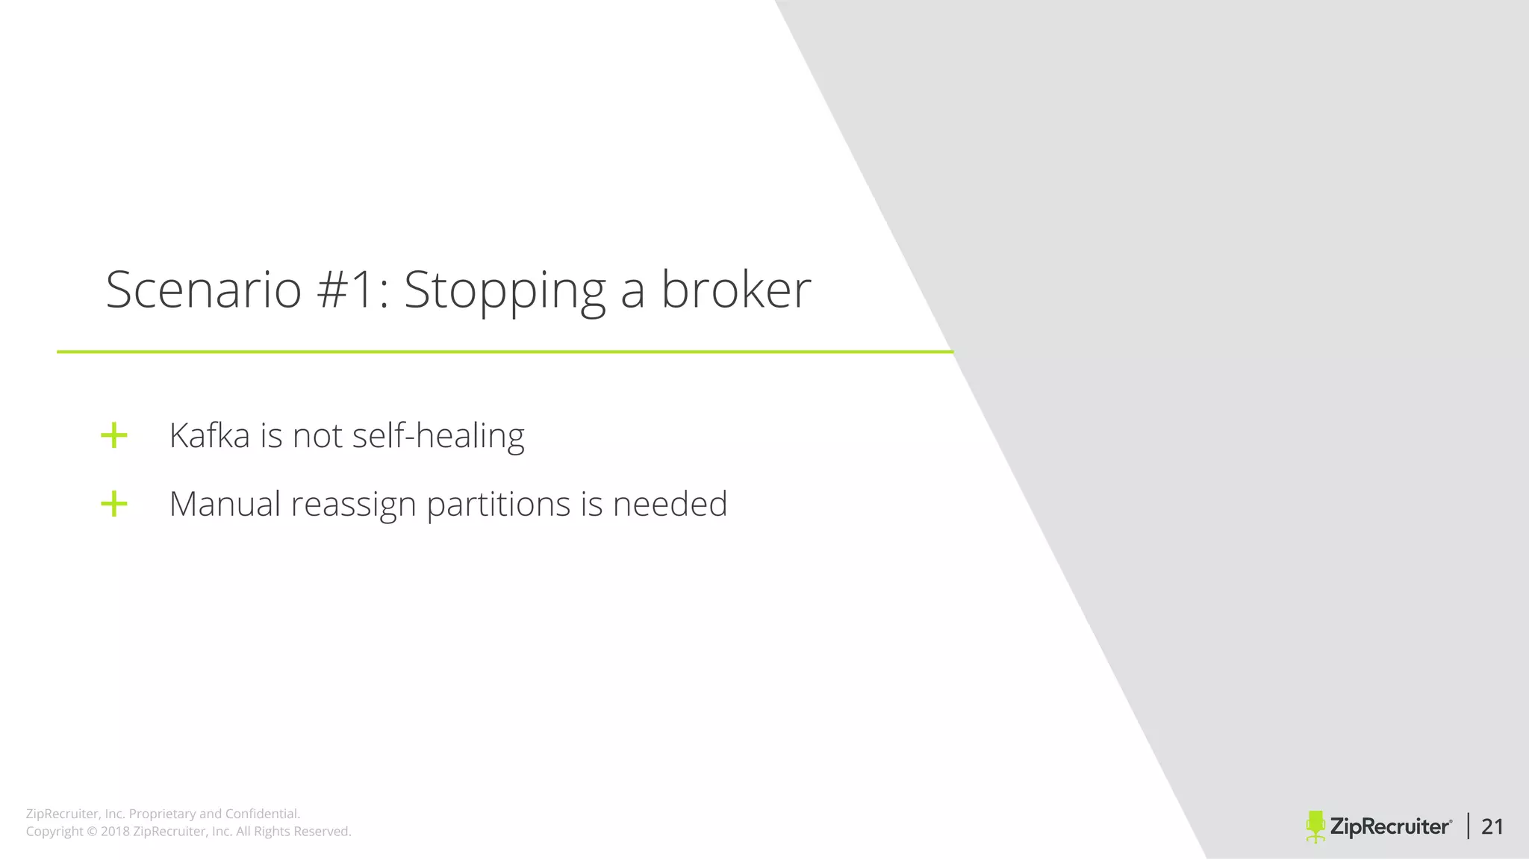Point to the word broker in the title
pyautogui.click(x=736, y=290)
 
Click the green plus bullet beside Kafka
pyautogui.click(x=114, y=435)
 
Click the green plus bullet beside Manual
pyautogui.click(x=114, y=504)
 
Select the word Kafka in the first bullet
pyautogui.click(x=209, y=435)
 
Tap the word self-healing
pyautogui.click(x=438, y=436)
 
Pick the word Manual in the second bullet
pyautogui.click(x=225, y=504)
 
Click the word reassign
pyautogui.click(x=353, y=505)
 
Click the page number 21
pyautogui.click(x=1492, y=826)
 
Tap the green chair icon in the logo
pyautogui.click(x=1315, y=826)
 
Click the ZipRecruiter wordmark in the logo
pyautogui.click(x=1391, y=826)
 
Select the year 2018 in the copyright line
pyautogui.click(x=115, y=832)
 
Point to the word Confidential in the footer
pyautogui.click(x=262, y=814)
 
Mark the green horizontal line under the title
pyautogui.click(x=505, y=352)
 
